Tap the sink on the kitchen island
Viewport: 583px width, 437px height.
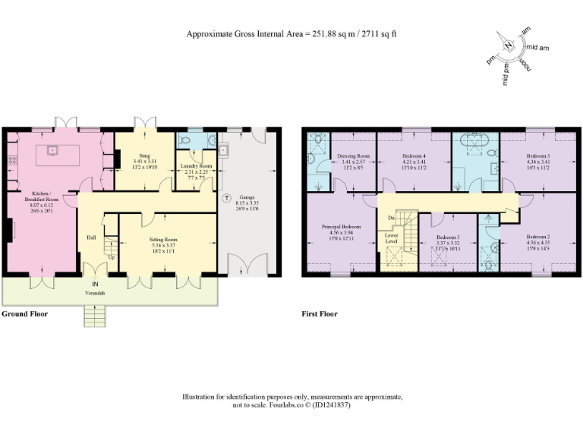tap(54, 149)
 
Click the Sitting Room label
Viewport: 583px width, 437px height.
tap(165, 240)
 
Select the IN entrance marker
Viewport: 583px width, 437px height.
tap(96, 285)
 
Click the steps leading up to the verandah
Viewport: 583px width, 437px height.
tap(94, 315)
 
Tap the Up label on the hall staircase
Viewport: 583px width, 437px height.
tap(112, 257)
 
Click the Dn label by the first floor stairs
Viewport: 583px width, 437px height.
tap(390, 218)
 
